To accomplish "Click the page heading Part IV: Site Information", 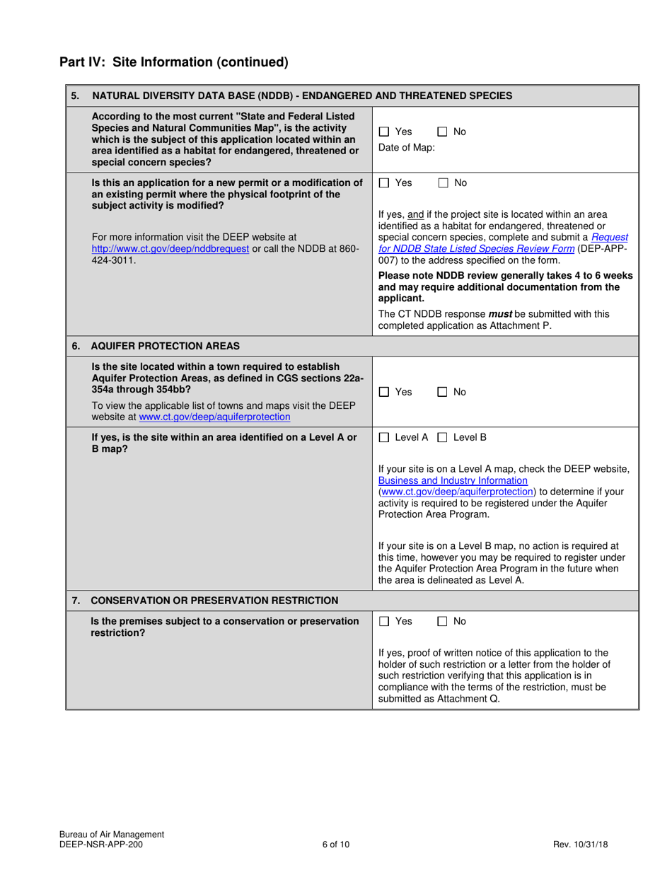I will tap(173, 62).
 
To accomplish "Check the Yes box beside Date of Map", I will tap(384, 132).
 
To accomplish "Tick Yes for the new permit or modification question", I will tap(384, 182).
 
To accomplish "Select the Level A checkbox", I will tap(384, 437).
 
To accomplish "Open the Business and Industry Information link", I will tap(453, 480).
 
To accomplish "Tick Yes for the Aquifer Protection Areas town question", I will tap(384, 392).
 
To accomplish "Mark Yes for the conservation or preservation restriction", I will tap(384, 621).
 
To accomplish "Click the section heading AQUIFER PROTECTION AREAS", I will tap(166, 346).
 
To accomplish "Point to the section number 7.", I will tap(76, 601).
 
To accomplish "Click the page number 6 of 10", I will tap(335, 844).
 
